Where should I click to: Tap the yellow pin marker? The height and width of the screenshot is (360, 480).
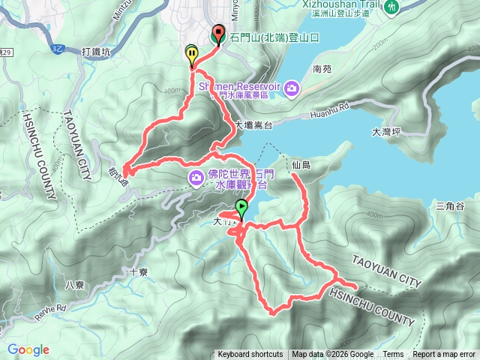tap(192, 55)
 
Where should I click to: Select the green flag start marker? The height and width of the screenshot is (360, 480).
tap(241, 208)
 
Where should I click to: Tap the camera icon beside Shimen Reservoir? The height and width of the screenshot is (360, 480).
tap(291, 89)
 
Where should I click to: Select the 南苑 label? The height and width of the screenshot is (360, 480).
tap(322, 68)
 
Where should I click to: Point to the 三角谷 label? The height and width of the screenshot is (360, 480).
tap(450, 206)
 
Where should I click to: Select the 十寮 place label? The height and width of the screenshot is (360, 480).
tap(138, 273)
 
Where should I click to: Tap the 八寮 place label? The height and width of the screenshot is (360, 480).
tap(74, 284)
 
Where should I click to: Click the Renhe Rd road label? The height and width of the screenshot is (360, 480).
tap(50, 307)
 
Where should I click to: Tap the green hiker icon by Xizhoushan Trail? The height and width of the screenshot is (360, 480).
tap(391, 7)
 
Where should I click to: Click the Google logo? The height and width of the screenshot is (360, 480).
tap(28, 349)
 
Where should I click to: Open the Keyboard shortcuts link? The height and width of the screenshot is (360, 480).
tap(250, 355)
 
